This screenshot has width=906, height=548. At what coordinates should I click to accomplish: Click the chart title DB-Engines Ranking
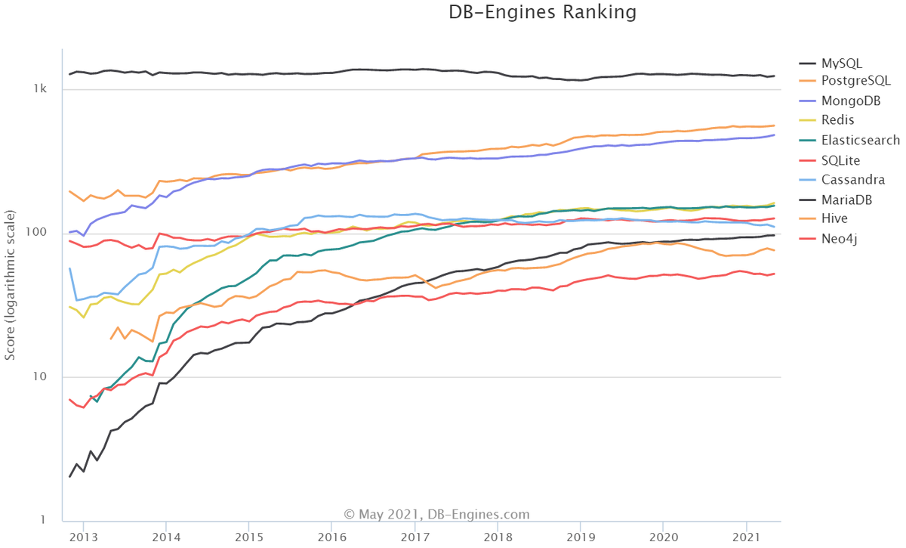[543, 12]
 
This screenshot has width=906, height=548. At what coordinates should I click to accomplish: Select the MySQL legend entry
[842, 63]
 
